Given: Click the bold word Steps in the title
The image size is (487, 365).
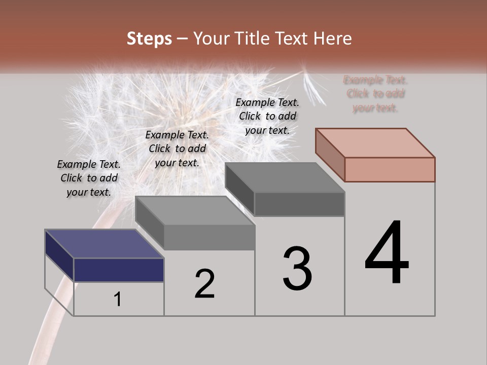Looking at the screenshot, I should (x=149, y=39).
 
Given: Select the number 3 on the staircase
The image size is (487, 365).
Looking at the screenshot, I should (x=297, y=269).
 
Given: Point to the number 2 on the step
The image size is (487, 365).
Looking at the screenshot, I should (x=204, y=284).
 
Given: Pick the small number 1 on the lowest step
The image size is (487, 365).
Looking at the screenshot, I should (x=118, y=300).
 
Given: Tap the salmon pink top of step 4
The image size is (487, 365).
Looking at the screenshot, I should (x=375, y=142).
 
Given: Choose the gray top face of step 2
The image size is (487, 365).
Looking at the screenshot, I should (x=195, y=210).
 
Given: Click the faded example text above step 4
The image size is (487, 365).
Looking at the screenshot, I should (x=375, y=94).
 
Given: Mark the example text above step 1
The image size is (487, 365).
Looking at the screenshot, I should (x=89, y=178).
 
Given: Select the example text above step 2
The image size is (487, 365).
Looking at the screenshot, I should (x=177, y=149).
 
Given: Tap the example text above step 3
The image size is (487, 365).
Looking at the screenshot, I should (x=267, y=116).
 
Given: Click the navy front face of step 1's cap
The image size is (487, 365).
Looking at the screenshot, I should (x=119, y=270).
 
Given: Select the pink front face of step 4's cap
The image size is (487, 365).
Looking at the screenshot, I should (x=390, y=169).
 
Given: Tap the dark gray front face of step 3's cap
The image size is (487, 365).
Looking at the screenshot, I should (x=299, y=204).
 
